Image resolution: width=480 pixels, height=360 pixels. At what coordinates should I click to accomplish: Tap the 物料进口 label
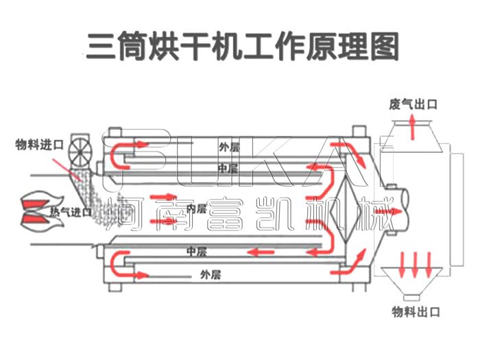tap(40, 145)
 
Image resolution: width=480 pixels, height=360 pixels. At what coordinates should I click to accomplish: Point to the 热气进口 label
tap(71, 212)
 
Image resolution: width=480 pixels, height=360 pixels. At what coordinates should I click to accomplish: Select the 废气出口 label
tap(413, 104)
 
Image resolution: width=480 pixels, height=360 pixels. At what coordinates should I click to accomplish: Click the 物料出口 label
tap(416, 313)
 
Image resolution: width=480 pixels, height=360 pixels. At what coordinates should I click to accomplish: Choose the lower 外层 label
tap(210, 274)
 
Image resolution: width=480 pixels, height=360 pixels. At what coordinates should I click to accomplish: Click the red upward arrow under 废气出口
tap(413, 128)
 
